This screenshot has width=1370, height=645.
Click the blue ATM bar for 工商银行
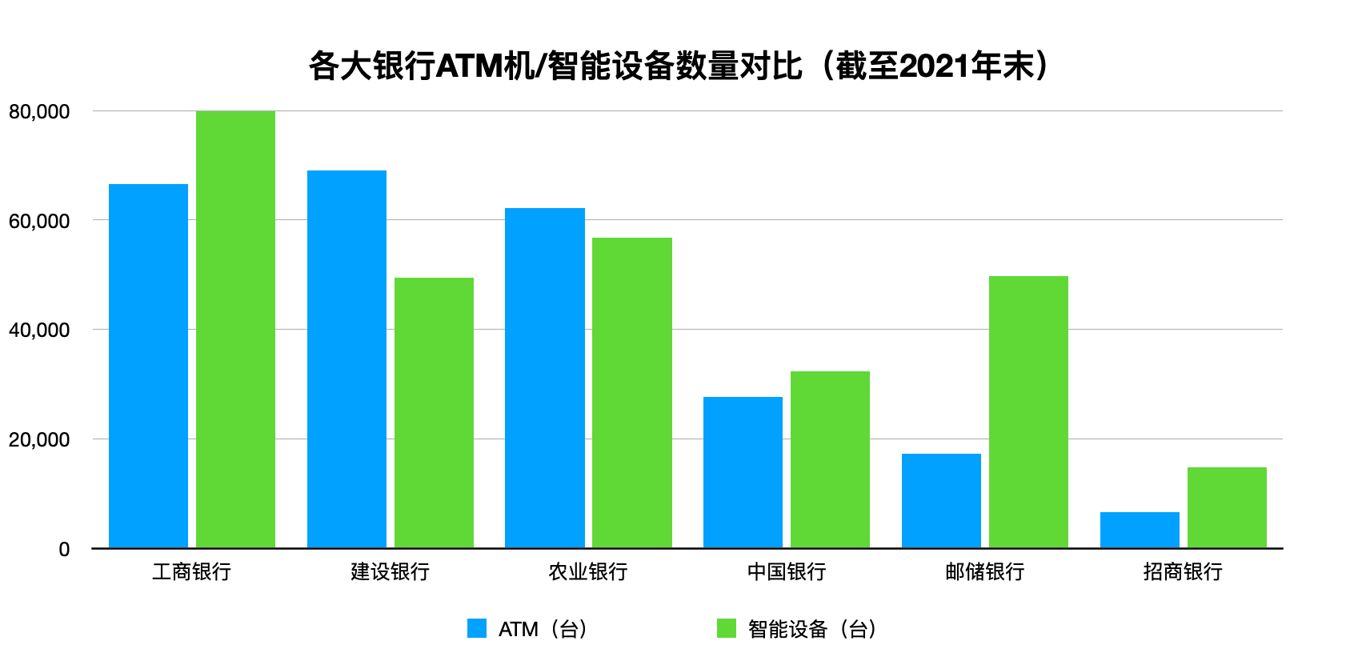click(148, 366)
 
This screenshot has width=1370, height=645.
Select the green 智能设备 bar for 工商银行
click(235, 329)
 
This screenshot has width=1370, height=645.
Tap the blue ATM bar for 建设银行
click(347, 359)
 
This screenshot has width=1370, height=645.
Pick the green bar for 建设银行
click(434, 413)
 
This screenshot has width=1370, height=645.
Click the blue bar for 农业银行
click(545, 378)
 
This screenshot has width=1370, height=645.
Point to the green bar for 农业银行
click(632, 393)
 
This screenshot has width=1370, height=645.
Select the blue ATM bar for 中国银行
click(743, 472)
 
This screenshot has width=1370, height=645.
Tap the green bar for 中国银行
click(830, 459)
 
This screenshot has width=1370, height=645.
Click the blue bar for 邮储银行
click(941, 501)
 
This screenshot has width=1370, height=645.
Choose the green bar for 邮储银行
click(1028, 412)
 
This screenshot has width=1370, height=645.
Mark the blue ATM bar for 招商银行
click(1140, 530)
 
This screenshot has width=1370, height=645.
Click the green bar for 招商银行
click(1227, 507)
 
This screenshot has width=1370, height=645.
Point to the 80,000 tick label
click(39, 111)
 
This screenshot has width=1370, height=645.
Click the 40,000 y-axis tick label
click(39, 330)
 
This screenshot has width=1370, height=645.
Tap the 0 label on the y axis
click(64, 549)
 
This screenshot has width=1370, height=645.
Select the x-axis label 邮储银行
click(984, 571)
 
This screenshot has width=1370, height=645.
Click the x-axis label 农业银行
click(588, 571)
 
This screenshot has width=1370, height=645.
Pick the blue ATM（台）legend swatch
click(477, 628)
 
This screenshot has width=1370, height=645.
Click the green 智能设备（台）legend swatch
click(726, 628)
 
